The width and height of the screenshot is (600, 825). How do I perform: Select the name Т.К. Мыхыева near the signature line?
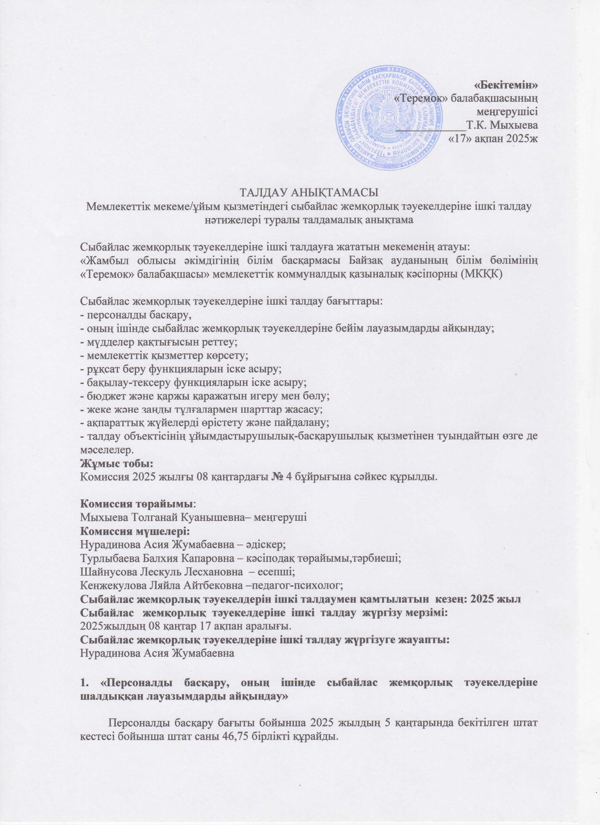502,125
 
